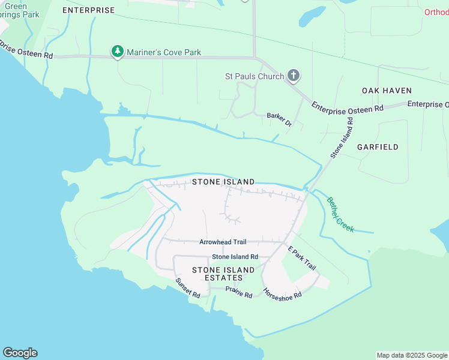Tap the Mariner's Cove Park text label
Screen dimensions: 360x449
tap(163, 53)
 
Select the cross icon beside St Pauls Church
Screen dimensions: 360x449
tap(293, 76)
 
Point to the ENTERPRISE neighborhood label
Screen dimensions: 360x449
tap(88, 11)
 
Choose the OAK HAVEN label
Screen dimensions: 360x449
tap(387, 91)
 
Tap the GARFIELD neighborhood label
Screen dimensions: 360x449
tap(378, 147)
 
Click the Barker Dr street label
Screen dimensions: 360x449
tap(279, 119)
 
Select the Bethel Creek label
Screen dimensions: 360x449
tap(340, 215)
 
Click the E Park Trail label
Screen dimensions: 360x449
tap(301, 258)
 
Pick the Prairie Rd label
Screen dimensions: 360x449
tap(239, 292)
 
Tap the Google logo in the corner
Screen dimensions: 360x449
tap(20, 353)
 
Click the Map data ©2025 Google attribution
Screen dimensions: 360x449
tap(412, 355)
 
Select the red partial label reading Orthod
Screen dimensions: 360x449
tap(436, 12)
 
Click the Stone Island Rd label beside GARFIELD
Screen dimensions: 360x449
tap(342, 138)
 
